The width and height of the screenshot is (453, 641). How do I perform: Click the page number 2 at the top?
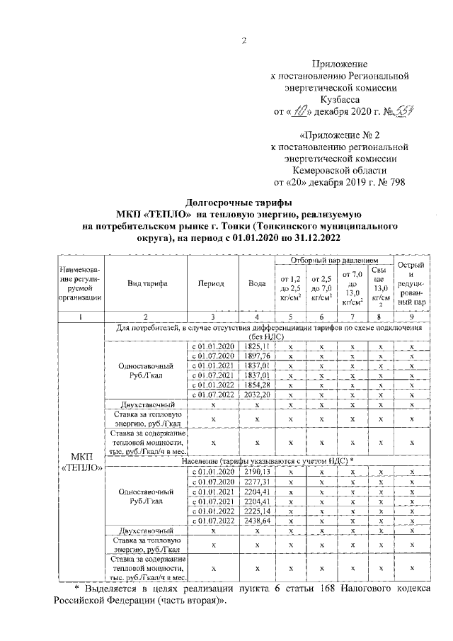pos(242,40)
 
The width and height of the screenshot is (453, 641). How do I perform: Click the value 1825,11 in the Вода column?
pos(258,346)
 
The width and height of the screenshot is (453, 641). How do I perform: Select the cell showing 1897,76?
pos(258,356)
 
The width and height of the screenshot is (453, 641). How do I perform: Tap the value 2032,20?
pos(258,394)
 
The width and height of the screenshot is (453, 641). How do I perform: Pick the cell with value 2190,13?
pos(258,472)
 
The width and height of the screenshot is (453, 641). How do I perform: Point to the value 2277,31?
pos(258,481)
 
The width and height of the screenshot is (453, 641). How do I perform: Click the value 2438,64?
pos(258,520)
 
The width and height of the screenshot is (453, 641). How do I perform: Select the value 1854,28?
pos(258,385)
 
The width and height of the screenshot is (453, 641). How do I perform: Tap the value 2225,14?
pos(258,510)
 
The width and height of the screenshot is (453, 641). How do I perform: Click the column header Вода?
pos(258,283)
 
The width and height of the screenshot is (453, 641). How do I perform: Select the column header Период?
pos(212,283)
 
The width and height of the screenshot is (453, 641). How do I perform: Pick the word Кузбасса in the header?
pos(345,100)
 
